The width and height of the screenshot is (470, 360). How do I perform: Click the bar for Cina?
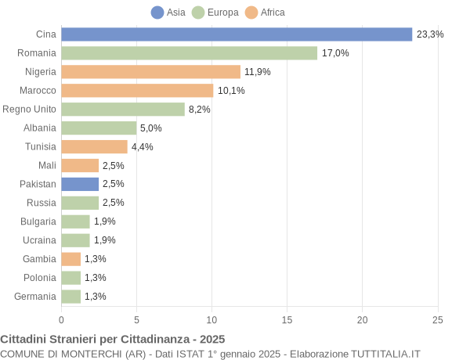click(237, 34)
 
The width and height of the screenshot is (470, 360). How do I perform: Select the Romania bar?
click(189, 53)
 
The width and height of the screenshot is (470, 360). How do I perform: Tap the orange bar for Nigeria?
click(150, 72)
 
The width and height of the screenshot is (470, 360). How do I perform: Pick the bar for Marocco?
click(137, 91)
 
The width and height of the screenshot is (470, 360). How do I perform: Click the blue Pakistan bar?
click(80, 184)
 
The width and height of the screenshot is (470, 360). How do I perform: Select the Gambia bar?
click(71, 259)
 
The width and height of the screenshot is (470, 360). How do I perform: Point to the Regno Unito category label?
click(29, 110)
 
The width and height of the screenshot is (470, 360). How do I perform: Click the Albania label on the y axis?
click(40, 128)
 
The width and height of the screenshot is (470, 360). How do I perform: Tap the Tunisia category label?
click(41, 147)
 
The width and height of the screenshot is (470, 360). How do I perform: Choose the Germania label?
click(35, 297)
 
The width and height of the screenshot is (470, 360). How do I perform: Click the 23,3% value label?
click(430, 34)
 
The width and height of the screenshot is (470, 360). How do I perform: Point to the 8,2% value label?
click(199, 110)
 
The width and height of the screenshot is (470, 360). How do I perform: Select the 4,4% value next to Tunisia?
click(142, 147)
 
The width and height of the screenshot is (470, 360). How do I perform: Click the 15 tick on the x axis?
click(287, 319)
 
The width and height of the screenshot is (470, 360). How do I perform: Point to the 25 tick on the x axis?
click(438, 319)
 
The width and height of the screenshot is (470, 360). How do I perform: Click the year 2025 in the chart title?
click(211, 339)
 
